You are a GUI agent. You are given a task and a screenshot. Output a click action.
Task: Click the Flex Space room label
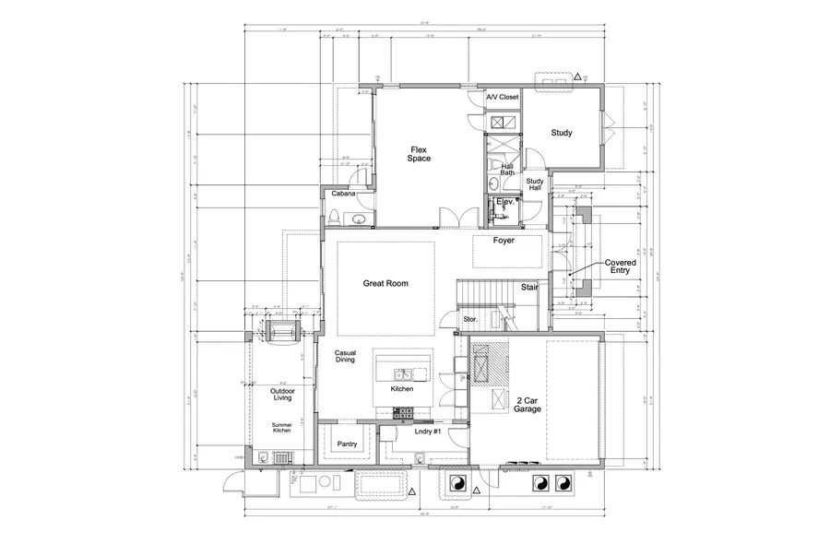(420, 153)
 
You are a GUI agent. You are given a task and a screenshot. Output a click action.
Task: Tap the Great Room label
(385, 284)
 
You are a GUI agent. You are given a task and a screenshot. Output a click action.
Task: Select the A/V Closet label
(503, 97)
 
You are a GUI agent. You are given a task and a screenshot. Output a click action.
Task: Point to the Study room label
(562, 133)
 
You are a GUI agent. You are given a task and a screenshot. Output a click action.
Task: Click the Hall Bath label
(507, 169)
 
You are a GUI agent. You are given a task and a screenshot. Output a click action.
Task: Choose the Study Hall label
(535, 185)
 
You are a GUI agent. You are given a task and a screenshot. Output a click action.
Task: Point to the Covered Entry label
(620, 266)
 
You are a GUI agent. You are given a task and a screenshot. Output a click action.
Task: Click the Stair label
(529, 288)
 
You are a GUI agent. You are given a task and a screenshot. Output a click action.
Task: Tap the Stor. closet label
(469, 319)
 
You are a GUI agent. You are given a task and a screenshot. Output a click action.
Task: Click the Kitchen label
(401, 389)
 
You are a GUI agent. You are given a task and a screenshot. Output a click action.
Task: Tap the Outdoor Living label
(282, 396)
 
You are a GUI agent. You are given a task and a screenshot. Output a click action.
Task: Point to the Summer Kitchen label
(282, 428)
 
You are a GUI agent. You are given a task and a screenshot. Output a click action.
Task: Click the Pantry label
(347, 443)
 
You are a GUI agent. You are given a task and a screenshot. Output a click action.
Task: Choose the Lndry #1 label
(427, 432)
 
